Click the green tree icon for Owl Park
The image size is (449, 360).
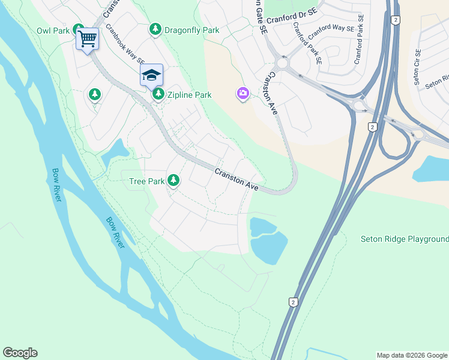pyautogui.click(x=78, y=29)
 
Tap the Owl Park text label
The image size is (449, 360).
pyautogui.click(x=52, y=30)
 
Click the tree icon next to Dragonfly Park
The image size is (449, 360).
pyautogui.click(x=155, y=29)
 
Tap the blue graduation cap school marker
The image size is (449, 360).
pyautogui.click(x=151, y=76)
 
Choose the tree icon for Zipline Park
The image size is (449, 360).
pyautogui.click(x=158, y=94)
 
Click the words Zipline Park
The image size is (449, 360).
pyautogui.click(x=189, y=95)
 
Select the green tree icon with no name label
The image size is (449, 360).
pyautogui.click(x=94, y=94)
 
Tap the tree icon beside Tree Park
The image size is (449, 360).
pyautogui.click(x=173, y=180)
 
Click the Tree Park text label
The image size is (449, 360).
pyautogui.click(x=146, y=181)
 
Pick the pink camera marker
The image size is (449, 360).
pyautogui.click(x=243, y=94)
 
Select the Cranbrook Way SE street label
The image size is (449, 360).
pyautogui.click(x=125, y=44)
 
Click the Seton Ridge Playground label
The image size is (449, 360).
pyautogui.click(x=404, y=239)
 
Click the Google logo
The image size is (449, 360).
pyautogui.click(x=20, y=353)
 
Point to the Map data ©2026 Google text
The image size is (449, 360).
pyautogui.click(x=411, y=355)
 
